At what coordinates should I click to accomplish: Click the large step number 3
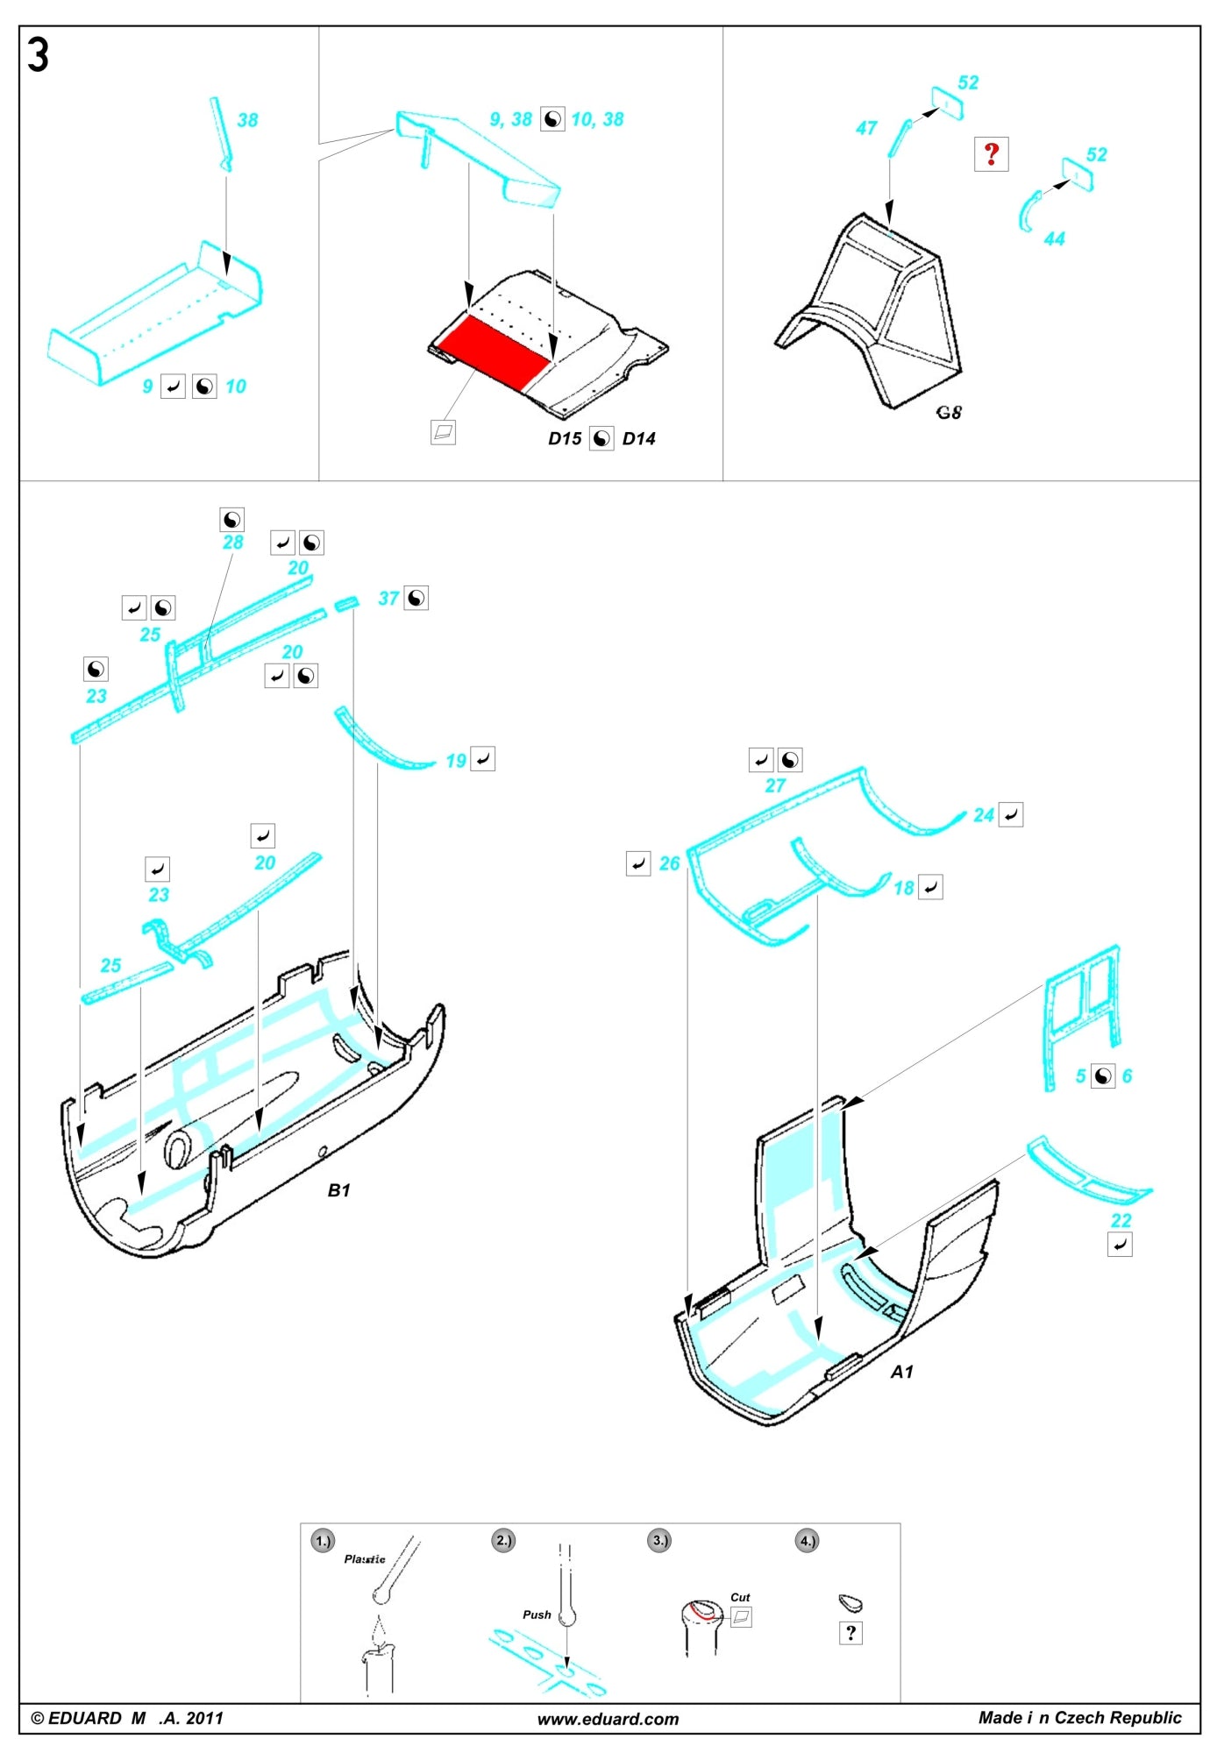[x=38, y=55]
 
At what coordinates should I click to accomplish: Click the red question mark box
[x=991, y=154]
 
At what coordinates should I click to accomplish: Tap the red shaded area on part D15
[x=494, y=349]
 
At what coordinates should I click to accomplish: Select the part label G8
[x=949, y=412]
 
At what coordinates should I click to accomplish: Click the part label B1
[x=338, y=1190]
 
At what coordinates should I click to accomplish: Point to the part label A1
[x=902, y=1372]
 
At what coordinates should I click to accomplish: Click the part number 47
[x=866, y=129]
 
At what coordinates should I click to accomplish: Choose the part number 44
[x=1054, y=239]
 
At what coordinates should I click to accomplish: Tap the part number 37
[x=388, y=599]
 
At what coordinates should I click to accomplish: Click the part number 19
[x=456, y=761]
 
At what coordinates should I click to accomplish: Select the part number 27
[x=775, y=786]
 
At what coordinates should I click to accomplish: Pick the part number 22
[x=1121, y=1220]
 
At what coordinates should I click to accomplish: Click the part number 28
[x=232, y=543]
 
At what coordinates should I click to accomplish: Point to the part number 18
[x=903, y=889]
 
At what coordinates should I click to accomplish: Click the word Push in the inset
[x=537, y=1615]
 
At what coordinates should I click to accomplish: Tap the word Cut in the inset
[x=740, y=1597]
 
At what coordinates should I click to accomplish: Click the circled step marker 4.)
[x=807, y=1540]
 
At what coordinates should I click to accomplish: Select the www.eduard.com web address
[x=608, y=1719]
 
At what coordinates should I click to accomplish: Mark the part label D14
[x=638, y=439]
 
